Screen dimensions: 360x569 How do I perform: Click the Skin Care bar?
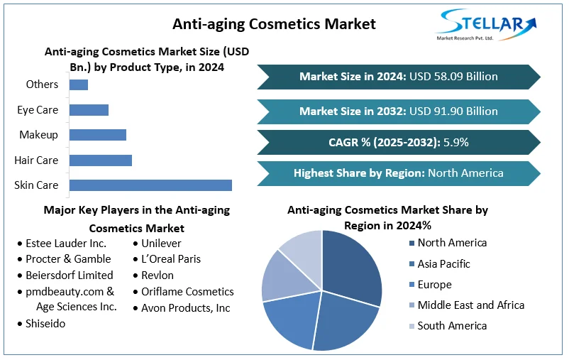(x=150, y=185)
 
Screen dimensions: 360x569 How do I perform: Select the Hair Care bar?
(x=101, y=160)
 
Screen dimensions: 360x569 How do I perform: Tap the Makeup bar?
(x=98, y=135)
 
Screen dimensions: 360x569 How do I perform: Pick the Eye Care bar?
(x=89, y=110)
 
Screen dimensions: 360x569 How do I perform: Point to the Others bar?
(x=79, y=84)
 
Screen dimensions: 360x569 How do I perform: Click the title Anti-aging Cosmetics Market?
(x=274, y=24)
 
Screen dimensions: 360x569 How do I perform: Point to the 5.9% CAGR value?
(x=455, y=142)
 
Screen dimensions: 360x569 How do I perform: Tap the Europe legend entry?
(x=434, y=285)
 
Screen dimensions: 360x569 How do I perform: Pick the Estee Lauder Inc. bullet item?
(x=66, y=243)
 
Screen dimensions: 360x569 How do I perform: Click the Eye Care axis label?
(x=38, y=110)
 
